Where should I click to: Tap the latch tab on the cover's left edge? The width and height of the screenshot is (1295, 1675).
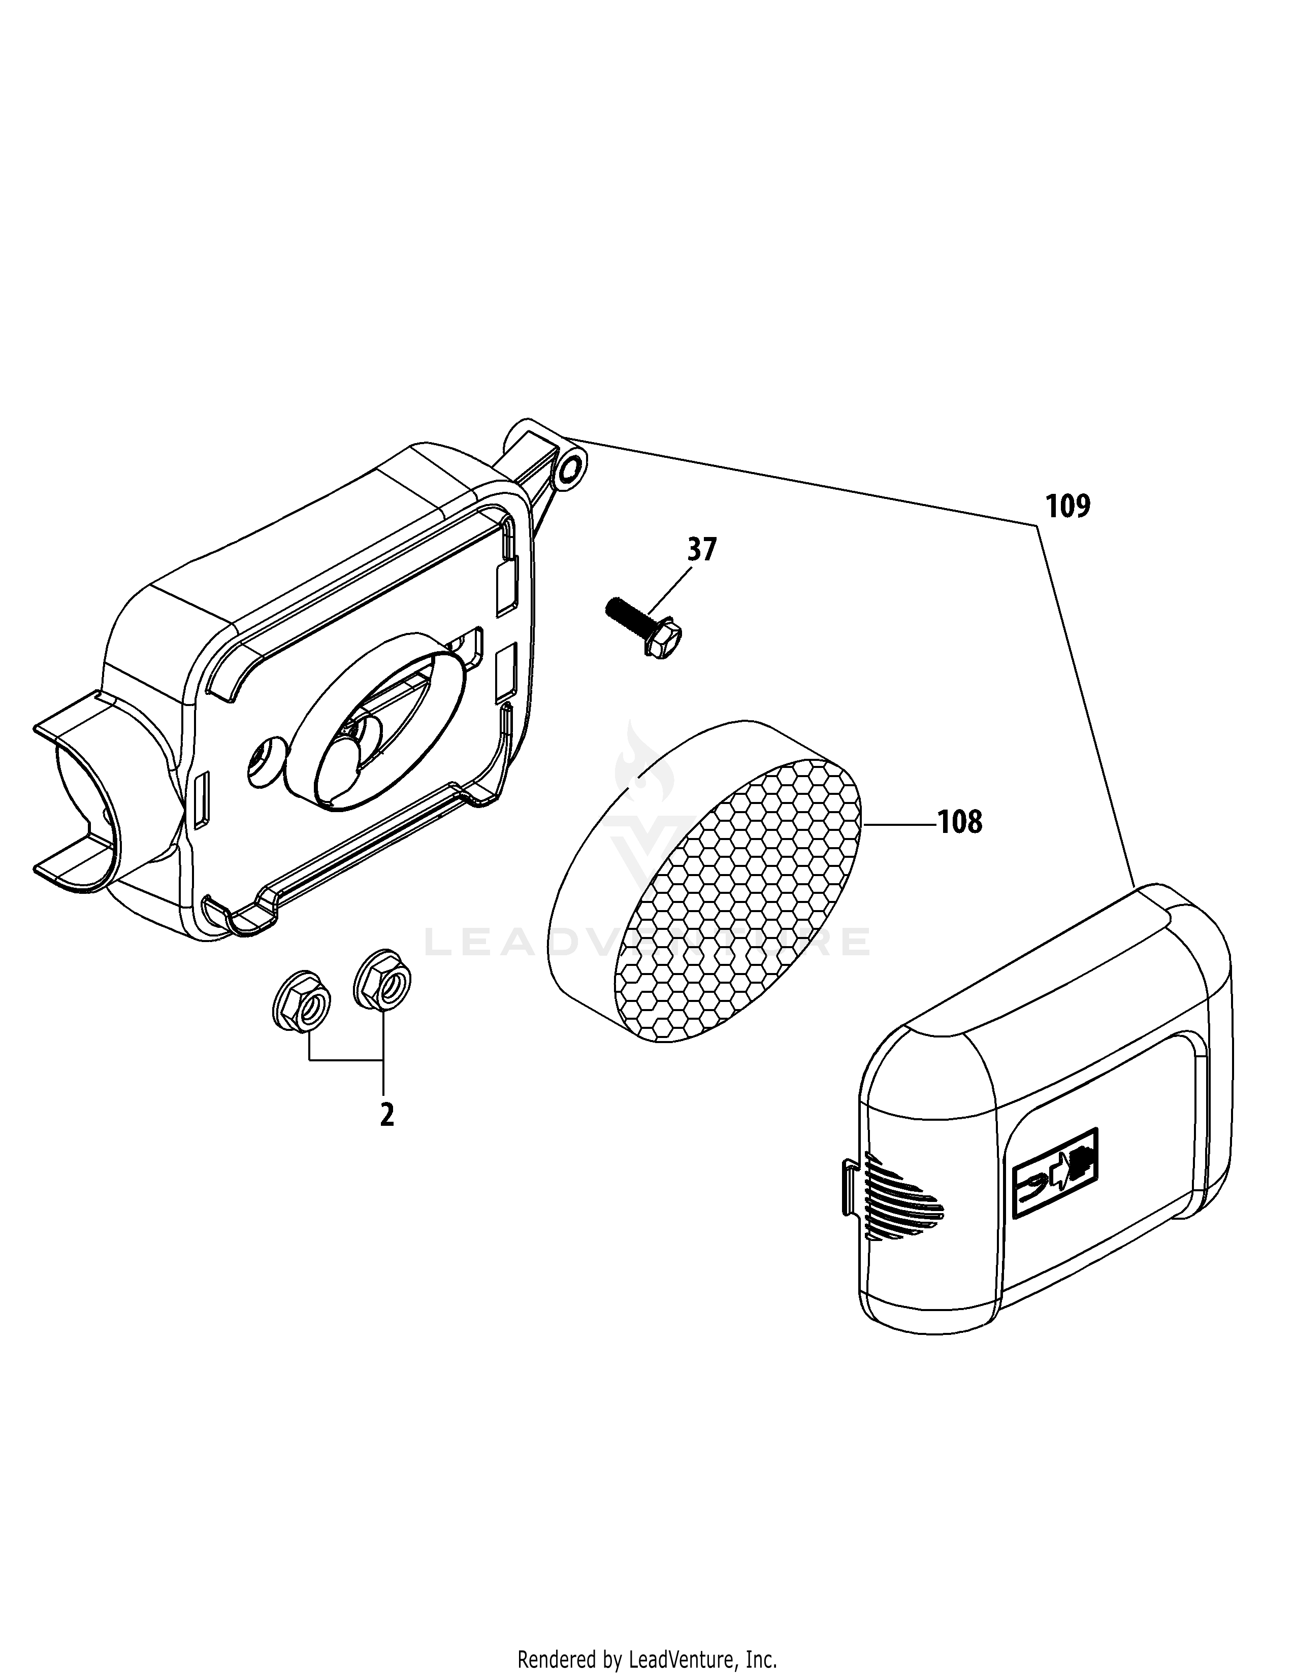pyautogui.click(x=849, y=1189)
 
